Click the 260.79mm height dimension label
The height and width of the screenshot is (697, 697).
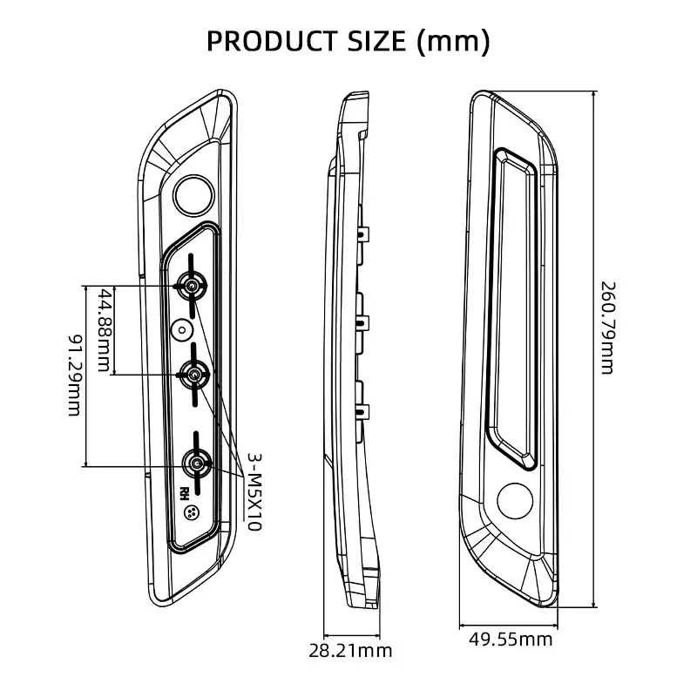609,328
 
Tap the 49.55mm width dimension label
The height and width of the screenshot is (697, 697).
511,639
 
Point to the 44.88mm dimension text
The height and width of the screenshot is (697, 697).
105,328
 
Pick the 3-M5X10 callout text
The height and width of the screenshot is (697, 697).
254,492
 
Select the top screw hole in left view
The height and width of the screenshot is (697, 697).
191,285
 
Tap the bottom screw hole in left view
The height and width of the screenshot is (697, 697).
196,464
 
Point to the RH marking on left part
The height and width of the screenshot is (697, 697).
186,491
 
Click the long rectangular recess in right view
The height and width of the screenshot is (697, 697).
515,301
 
